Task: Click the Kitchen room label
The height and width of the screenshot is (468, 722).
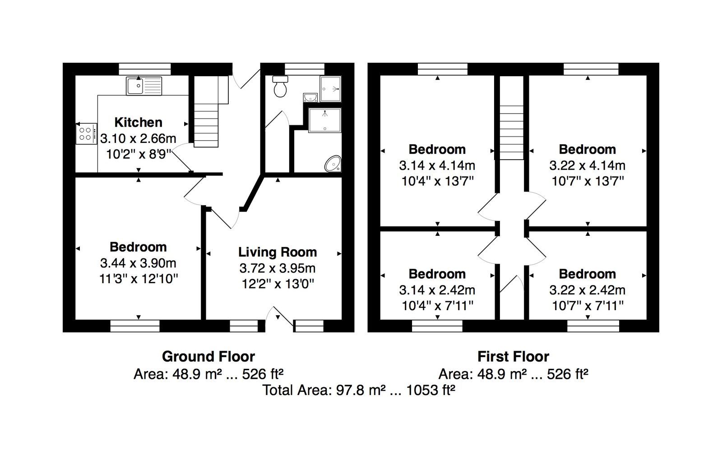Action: (x=138, y=122)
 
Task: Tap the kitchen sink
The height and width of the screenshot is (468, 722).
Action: (x=144, y=86)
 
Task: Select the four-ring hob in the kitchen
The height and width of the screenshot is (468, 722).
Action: (x=86, y=133)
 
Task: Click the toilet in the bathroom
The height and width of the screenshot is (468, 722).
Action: (x=280, y=86)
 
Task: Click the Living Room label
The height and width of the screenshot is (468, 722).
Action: (x=278, y=252)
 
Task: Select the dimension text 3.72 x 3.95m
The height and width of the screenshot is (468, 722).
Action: (x=278, y=268)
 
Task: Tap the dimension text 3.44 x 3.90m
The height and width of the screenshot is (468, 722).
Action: (x=138, y=263)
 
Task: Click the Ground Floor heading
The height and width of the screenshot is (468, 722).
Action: (x=208, y=357)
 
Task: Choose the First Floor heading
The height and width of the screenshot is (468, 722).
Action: (x=513, y=357)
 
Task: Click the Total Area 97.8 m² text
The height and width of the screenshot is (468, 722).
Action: (x=359, y=390)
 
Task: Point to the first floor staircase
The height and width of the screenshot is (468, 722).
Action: (x=512, y=133)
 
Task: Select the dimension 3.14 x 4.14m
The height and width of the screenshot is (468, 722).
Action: (x=437, y=165)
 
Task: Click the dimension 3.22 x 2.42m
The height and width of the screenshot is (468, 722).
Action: (x=587, y=290)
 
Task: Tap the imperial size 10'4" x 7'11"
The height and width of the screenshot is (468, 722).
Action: (x=437, y=306)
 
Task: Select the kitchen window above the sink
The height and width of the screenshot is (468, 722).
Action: (x=144, y=69)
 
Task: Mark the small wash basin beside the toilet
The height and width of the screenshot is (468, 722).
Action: (x=310, y=97)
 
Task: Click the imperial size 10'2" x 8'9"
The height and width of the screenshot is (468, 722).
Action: (x=138, y=154)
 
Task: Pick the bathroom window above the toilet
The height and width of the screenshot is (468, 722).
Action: (x=304, y=69)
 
